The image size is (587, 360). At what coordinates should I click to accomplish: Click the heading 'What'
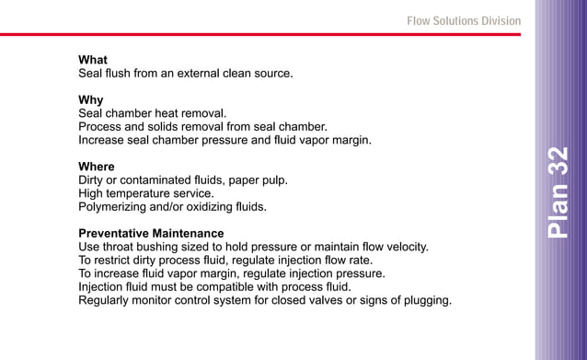click(93, 60)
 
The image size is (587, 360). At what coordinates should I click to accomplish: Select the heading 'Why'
click(90, 99)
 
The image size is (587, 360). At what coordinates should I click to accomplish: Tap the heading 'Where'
click(97, 167)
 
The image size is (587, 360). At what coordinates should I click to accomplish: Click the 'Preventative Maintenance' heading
click(151, 233)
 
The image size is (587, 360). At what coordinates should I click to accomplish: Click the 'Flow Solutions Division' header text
click(464, 20)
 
